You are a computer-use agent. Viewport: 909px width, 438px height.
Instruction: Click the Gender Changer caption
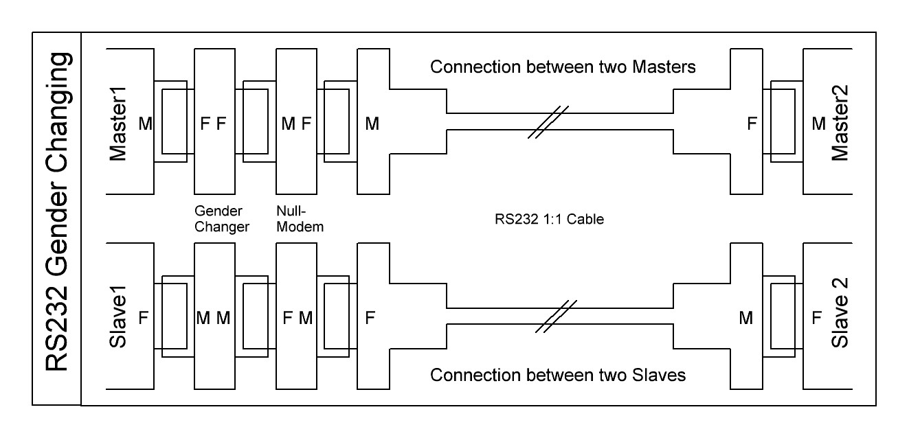(x=221, y=219)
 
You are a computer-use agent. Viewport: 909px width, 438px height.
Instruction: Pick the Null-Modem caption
(x=299, y=219)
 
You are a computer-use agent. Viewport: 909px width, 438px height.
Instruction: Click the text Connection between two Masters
(x=563, y=67)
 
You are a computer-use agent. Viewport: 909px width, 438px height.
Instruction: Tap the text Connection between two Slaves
(x=557, y=375)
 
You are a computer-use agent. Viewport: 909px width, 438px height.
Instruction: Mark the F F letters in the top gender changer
(x=212, y=124)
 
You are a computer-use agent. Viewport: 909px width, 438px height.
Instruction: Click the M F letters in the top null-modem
(x=297, y=124)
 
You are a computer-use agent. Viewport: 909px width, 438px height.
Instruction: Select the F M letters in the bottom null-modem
(x=297, y=319)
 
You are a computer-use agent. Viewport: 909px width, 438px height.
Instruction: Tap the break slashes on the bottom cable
(x=556, y=316)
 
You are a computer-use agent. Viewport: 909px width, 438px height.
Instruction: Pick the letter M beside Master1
(x=145, y=124)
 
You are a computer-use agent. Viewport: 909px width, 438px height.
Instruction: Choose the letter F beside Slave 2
(x=816, y=319)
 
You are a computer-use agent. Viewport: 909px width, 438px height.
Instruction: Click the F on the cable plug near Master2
(x=752, y=124)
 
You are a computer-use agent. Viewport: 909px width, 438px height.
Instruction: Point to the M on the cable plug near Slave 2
(x=745, y=319)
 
